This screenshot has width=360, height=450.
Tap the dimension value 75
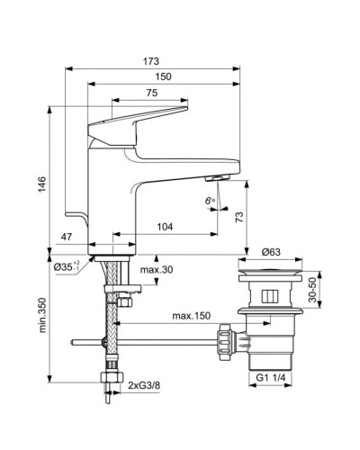point(152,93)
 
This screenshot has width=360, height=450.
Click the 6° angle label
point(210,201)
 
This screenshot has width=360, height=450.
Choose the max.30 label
point(157,271)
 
